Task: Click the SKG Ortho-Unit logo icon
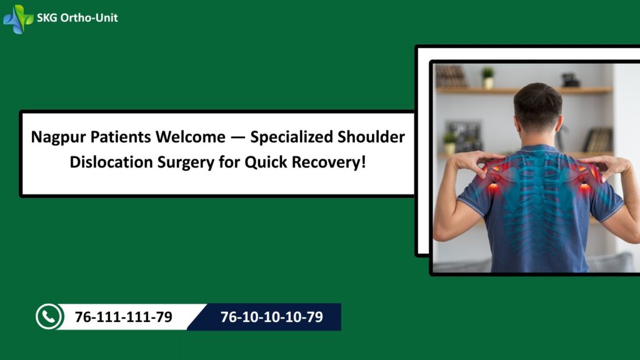click(x=18, y=19)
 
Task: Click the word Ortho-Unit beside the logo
click(x=89, y=17)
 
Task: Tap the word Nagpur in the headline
click(x=58, y=137)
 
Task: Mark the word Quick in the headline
click(x=266, y=162)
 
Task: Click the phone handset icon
click(x=49, y=317)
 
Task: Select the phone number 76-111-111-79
click(x=124, y=317)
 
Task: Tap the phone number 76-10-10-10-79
click(x=271, y=317)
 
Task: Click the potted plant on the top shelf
click(x=487, y=78)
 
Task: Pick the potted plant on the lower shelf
click(x=449, y=143)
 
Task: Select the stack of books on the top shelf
click(x=451, y=76)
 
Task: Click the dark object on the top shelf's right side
click(x=570, y=80)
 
